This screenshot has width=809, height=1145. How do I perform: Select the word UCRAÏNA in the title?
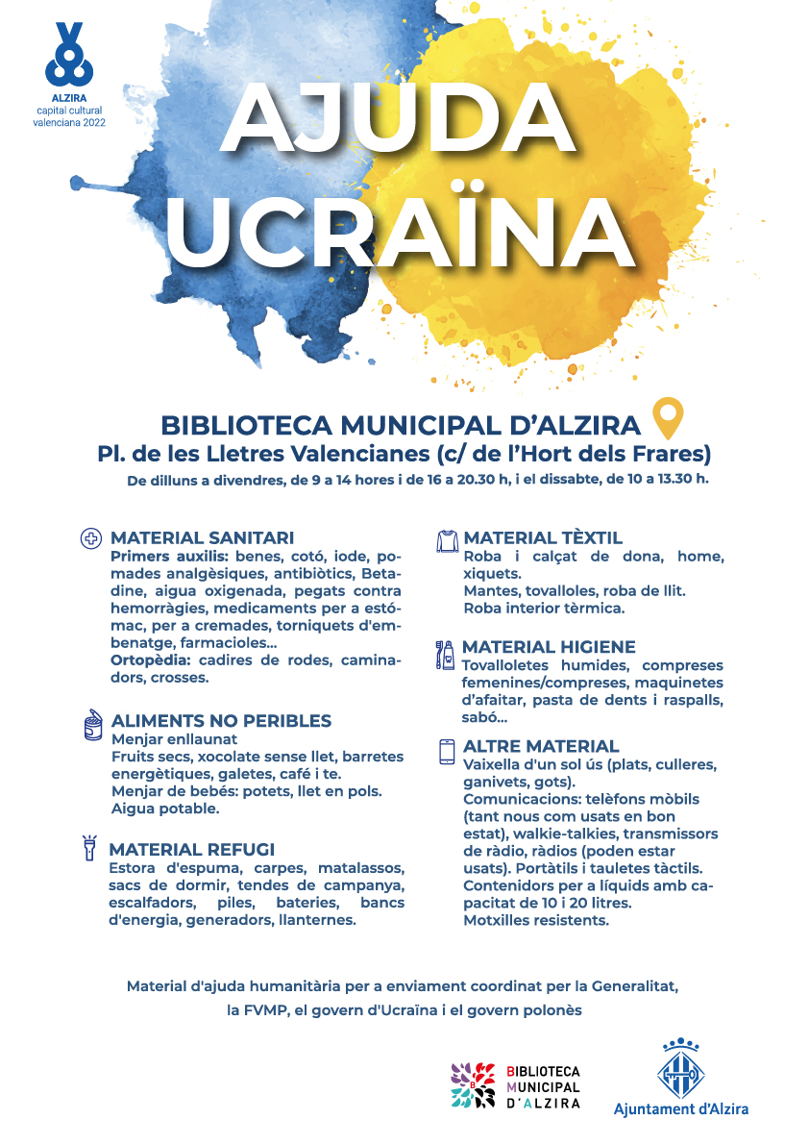pyautogui.click(x=401, y=231)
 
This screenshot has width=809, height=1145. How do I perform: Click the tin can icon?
pyautogui.click(x=93, y=725)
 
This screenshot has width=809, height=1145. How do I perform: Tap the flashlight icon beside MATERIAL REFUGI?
pyautogui.click(x=89, y=848)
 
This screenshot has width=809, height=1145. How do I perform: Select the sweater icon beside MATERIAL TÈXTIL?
pyautogui.click(x=448, y=540)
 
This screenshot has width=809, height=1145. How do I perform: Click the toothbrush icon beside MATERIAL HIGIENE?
pyautogui.click(x=446, y=654)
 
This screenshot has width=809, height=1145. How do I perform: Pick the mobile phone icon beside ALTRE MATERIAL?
pyautogui.click(x=447, y=751)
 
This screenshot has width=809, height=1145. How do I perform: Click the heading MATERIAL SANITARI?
pyautogui.click(x=202, y=538)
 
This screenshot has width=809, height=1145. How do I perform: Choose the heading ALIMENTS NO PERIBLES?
pyautogui.click(x=221, y=721)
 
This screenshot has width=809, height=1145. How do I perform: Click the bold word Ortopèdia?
pyautogui.click(x=150, y=660)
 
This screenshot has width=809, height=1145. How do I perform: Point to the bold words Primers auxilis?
pyautogui.click(x=167, y=557)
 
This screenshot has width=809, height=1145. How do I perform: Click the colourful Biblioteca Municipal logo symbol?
pyautogui.click(x=473, y=1085)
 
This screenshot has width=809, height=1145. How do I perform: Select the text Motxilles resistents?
pyautogui.click(x=536, y=920)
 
